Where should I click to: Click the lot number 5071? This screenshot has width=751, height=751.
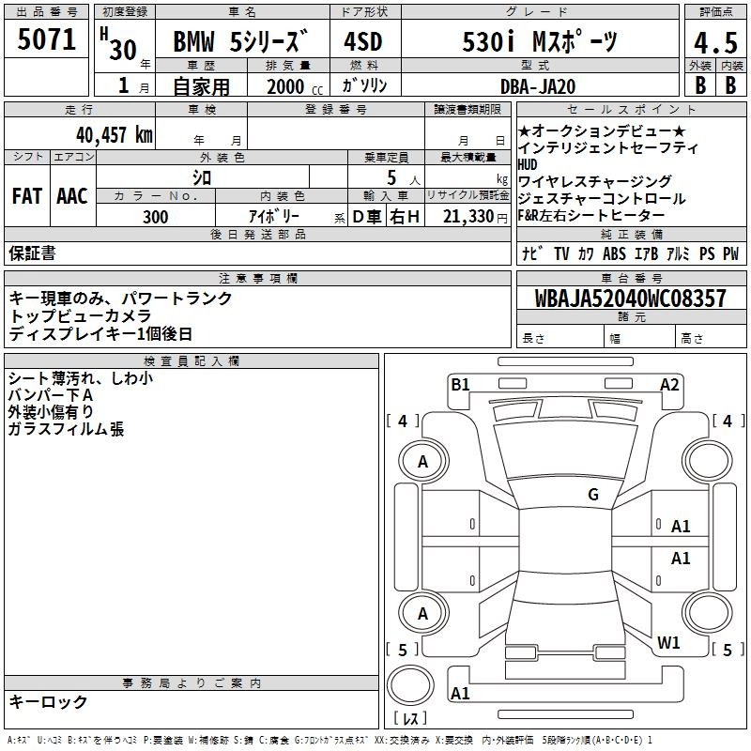(x=46, y=39)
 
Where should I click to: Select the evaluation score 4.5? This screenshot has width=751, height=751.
(x=715, y=42)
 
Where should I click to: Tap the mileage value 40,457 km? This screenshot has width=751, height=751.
(x=114, y=134)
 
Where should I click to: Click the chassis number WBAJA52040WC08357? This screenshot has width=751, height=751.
(x=630, y=299)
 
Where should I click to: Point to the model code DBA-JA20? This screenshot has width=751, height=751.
(x=538, y=86)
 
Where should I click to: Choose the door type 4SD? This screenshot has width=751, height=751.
(x=363, y=41)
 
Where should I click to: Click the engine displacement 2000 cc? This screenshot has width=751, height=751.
(x=295, y=86)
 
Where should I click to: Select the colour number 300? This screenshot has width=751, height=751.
(x=155, y=217)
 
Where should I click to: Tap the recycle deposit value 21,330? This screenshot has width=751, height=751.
(x=468, y=217)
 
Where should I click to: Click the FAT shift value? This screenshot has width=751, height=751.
(x=27, y=196)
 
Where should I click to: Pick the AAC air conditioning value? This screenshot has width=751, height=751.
(x=72, y=196)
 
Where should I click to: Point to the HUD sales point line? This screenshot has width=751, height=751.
(x=528, y=165)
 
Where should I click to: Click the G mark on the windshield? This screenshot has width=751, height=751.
(x=593, y=494)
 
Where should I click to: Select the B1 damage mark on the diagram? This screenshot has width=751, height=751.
(x=460, y=385)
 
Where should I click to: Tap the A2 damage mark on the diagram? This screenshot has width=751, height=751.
(x=669, y=385)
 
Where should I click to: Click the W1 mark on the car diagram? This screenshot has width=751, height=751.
(x=668, y=642)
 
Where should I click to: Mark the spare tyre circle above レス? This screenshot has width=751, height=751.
(x=410, y=685)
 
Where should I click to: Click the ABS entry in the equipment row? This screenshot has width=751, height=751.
(x=614, y=253)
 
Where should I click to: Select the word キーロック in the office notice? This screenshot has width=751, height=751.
(x=48, y=701)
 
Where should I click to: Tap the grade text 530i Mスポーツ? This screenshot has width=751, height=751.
(x=540, y=41)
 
